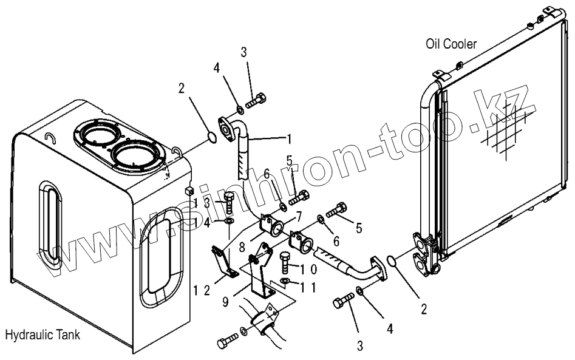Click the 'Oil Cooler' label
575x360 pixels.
pos(452,43)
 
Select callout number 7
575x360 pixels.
pos(298,216)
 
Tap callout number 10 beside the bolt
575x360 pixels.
pos(308,267)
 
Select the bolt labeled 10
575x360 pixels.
pos(286,265)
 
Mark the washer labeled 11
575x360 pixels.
pos(285,282)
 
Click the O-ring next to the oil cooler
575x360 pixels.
pos(392,261)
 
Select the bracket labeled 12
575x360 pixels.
pos(223,261)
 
